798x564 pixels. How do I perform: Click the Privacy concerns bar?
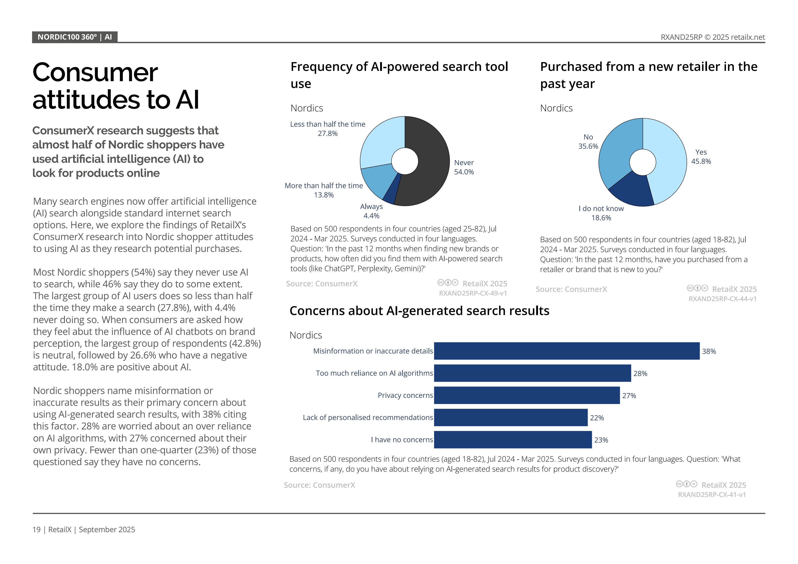click(527, 395)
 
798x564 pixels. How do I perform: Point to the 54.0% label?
click(464, 172)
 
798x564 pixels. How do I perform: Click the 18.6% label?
click(601, 218)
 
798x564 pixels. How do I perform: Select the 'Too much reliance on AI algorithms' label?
click(374, 373)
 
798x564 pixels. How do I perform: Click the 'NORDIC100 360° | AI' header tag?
click(75, 37)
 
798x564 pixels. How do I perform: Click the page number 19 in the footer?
click(36, 530)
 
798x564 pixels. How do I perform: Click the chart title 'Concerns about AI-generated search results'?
click(419, 311)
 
